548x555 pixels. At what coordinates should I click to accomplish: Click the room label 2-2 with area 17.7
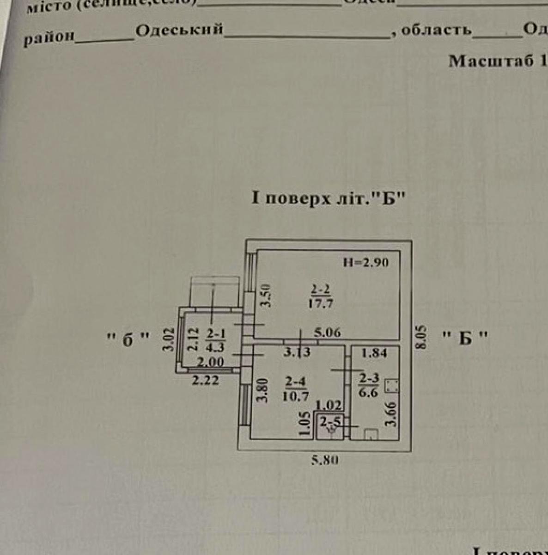(x=320, y=296)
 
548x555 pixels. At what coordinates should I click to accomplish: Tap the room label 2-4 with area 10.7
(x=296, y=388)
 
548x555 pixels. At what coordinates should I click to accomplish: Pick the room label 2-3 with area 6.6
(x=369, y=385)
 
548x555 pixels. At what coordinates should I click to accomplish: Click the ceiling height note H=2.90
(x=366, y=263)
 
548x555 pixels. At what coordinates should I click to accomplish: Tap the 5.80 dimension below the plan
(x=325, y=460)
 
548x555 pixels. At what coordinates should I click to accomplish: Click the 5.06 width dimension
(x=327, y=332)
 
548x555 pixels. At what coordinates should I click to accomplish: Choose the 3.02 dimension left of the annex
(x=170, y=339)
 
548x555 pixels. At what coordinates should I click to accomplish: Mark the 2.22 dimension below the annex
(x=206, y=381)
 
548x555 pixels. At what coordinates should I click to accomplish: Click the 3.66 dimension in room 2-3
(x=390, y=414)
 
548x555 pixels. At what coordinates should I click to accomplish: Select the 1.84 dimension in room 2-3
(x=374, y=353)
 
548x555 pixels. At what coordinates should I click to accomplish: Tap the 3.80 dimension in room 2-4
(x=263, y=390)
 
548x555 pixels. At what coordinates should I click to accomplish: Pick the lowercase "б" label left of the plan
(x=128, y=339)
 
